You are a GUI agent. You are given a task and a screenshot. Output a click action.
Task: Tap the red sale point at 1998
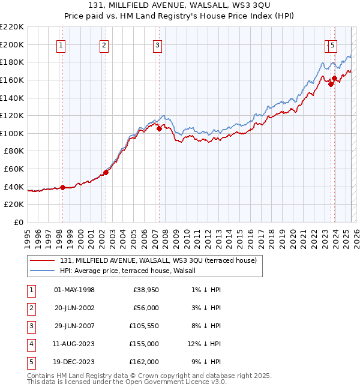[x=62, y=187]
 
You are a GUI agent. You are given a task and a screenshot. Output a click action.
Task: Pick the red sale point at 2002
[x=106, y=172]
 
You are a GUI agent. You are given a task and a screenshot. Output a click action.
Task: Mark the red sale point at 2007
[x=159, y=128]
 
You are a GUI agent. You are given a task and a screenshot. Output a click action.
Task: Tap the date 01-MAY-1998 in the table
[x=74, y=290]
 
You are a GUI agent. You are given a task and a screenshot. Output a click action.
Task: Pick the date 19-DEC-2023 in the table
[x=74, y=362]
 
